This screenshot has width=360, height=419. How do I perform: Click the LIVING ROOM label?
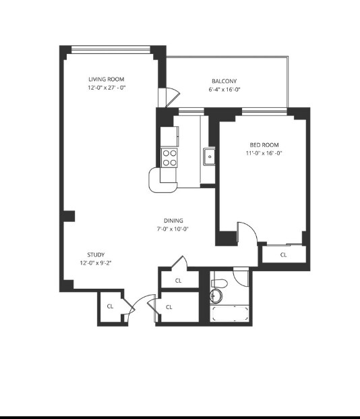[107, 80]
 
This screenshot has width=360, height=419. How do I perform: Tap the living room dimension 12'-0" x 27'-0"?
[107, 88]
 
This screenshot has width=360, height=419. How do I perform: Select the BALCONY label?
[224, 81]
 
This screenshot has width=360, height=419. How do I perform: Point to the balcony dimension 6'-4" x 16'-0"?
[224, 90]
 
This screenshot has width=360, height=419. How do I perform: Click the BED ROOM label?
[264, 145]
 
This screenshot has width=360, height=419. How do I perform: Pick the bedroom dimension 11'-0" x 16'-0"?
[264, 153]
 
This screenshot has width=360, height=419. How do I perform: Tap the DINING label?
[173, 221]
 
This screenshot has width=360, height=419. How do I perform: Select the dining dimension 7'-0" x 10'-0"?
[173, 229]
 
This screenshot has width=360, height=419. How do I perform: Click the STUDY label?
[96, 254]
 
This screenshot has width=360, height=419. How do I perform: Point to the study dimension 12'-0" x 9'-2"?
[96, 263]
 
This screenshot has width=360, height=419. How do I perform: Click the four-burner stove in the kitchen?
[169, 158]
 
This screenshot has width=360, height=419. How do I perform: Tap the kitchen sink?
[209, 157]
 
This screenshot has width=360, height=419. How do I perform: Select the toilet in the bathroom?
[219, 283]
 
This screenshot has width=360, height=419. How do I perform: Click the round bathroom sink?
[216, 296]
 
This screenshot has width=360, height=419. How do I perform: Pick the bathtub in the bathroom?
[230, 314]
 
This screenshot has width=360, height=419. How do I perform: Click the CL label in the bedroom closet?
[283, 255]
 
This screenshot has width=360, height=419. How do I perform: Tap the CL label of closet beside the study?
[110, 306]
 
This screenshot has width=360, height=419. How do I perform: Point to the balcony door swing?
[173, 96]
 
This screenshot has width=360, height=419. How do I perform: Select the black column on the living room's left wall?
[69, 216]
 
